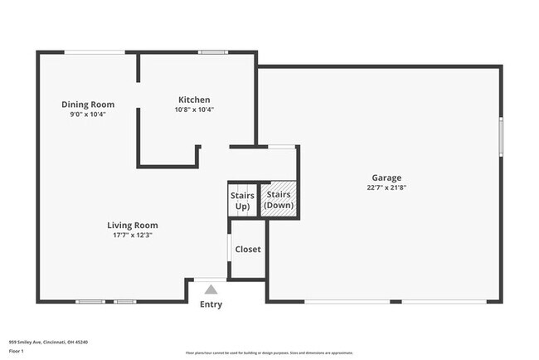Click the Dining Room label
[88, 105]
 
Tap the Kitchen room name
[194, 100]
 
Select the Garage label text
[386, 178]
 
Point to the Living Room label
[132, 225]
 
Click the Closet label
[247, 249]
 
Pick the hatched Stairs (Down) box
[279, 199]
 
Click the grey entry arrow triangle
[211, 289]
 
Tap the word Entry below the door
[211, 304]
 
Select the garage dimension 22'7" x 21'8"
[386, 187]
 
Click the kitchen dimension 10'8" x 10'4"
[194, 109]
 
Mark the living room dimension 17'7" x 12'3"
[132, 235]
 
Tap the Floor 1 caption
[17, 351]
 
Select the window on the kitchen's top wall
[212, 52]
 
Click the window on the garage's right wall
[500, 136]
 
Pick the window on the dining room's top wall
[95, 52]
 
